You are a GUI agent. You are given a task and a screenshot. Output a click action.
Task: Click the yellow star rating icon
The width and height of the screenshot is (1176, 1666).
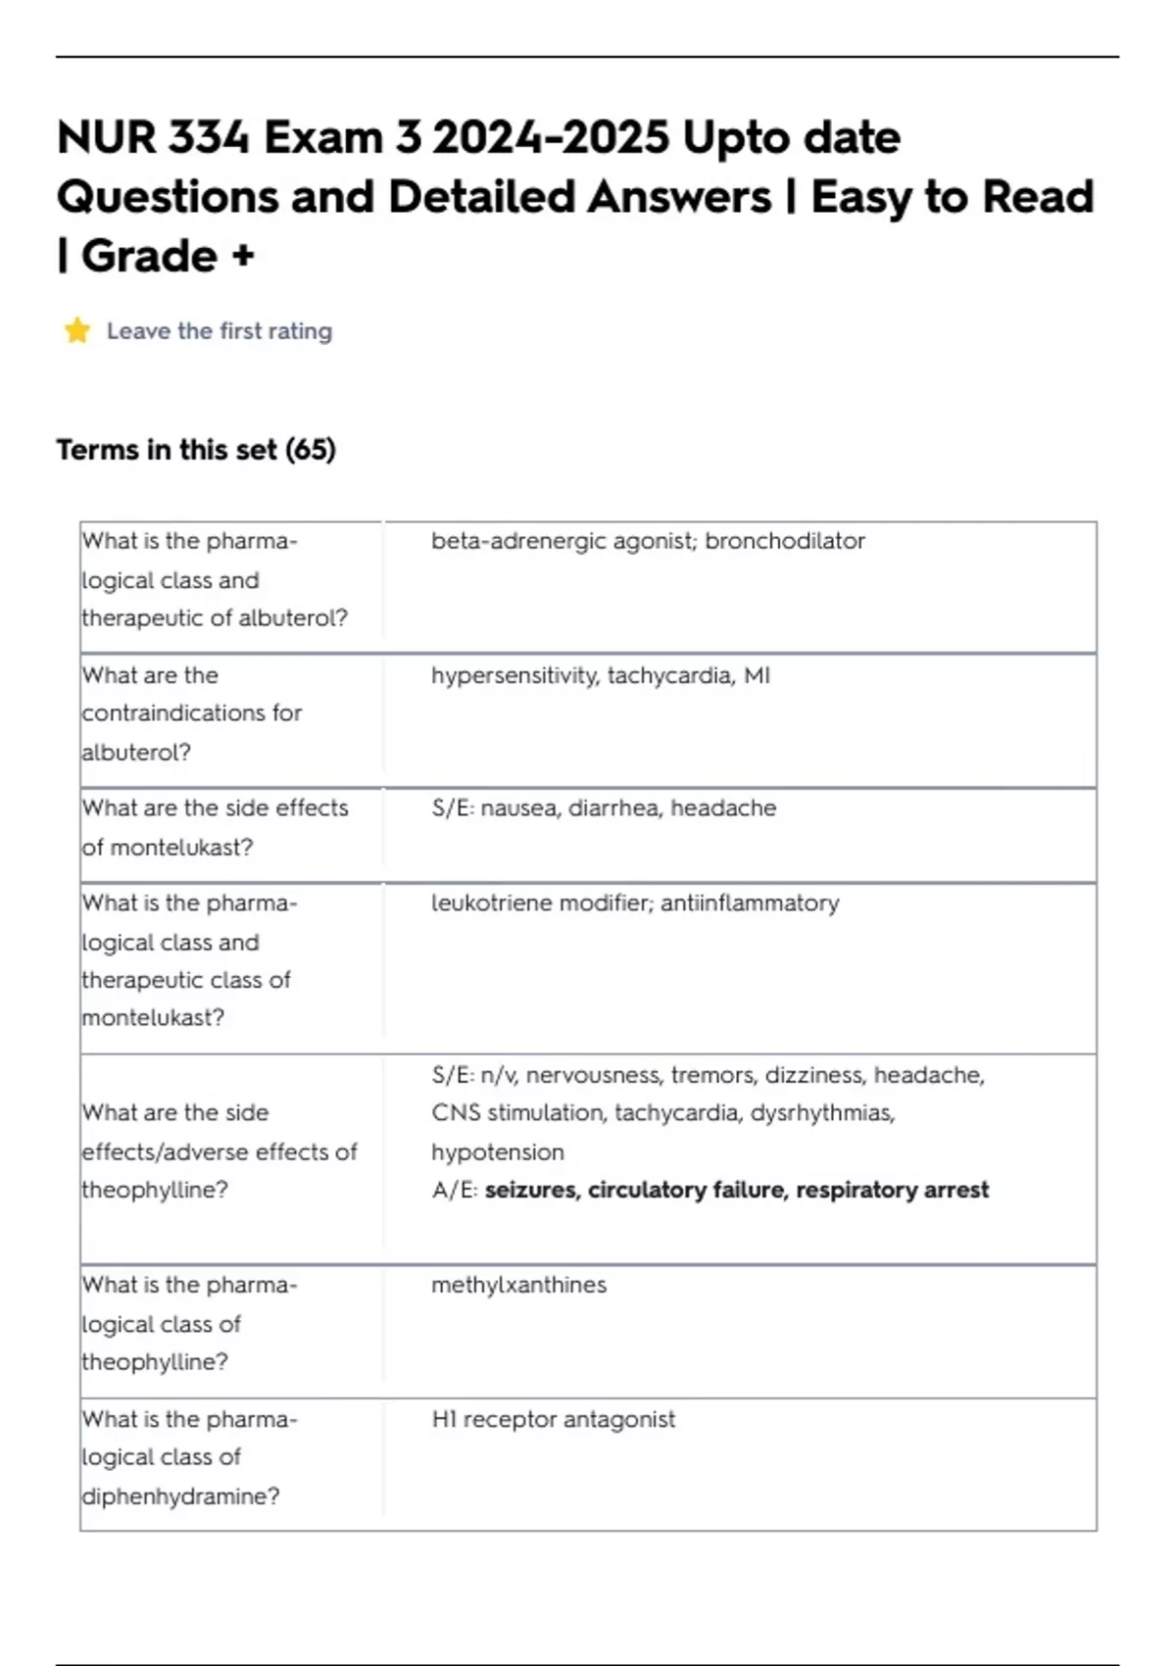pos(77,331)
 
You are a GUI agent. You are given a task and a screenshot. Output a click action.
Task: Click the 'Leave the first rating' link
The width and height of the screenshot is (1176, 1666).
pos(220,331)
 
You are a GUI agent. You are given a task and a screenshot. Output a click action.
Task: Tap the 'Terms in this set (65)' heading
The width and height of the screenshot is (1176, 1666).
pos(196,450)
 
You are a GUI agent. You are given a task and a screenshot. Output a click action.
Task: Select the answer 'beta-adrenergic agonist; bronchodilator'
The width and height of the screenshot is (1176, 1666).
pos(648,541)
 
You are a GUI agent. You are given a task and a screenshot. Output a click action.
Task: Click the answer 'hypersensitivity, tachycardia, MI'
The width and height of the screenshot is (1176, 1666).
pos(600,675)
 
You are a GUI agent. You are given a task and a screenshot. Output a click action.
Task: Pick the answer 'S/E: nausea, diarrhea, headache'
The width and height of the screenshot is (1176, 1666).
pos(604,808)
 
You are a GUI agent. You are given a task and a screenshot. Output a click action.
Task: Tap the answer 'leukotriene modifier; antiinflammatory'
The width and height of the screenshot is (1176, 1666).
pos(635,903)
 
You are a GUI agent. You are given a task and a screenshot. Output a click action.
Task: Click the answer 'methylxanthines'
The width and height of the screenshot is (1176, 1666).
pos(518,1285)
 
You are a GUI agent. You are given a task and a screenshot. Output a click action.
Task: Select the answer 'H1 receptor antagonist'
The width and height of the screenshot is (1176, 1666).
pos(553,1419)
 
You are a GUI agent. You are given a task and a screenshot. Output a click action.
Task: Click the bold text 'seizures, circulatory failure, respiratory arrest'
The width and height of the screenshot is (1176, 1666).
pos(737,1190)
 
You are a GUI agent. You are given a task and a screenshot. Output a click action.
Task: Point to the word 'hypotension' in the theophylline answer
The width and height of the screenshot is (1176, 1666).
pos(498,1151)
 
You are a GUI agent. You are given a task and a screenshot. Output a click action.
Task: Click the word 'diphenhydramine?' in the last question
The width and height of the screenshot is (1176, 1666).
pos(180,1496)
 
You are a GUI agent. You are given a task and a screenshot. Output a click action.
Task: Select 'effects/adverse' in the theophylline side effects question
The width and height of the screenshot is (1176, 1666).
pos(157,1151)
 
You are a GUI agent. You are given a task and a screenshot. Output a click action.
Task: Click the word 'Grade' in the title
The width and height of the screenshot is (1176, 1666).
pos(149,257)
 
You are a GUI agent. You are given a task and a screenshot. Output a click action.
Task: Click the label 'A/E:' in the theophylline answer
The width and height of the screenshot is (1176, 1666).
pos(455,1190)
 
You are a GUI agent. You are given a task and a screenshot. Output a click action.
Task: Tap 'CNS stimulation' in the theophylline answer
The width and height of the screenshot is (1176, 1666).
pos(517,1113)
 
